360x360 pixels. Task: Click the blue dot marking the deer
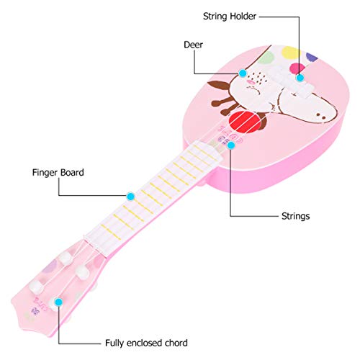[243, 73]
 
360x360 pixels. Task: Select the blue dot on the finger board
[131, 195]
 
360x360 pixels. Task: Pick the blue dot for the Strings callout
[231, 145]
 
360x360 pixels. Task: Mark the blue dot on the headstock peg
[58, 300]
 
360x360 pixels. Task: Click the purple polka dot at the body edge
[312, 56]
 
